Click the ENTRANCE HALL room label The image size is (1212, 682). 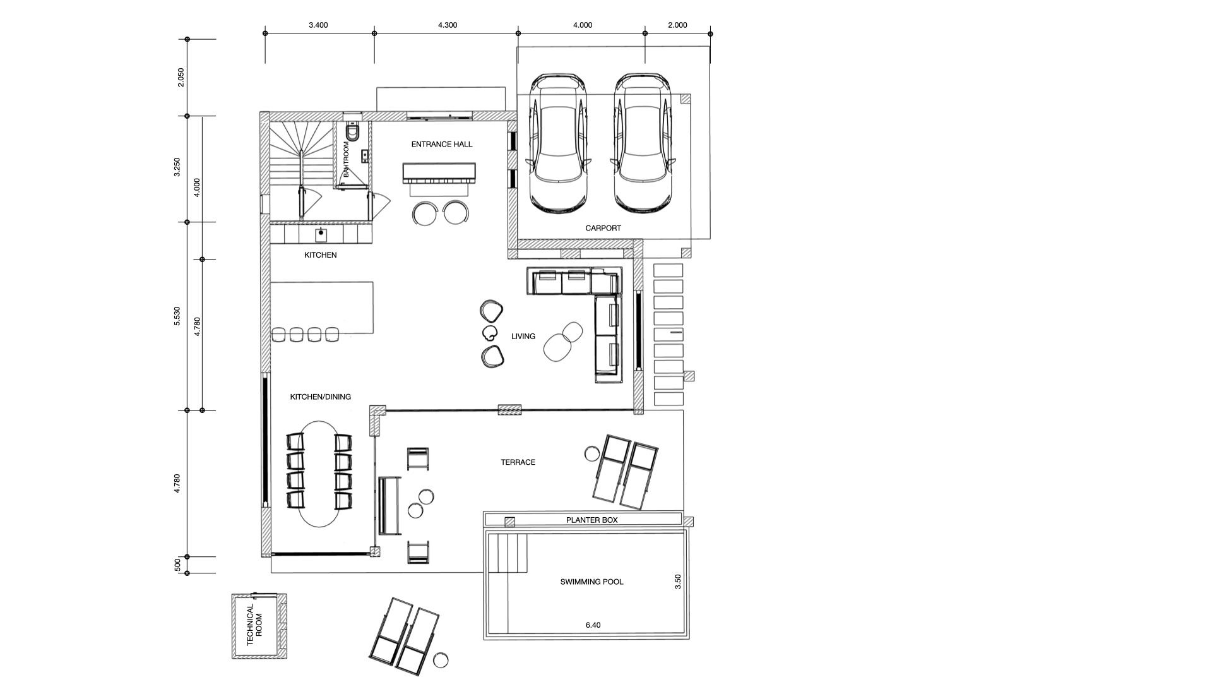441,144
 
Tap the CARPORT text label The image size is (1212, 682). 603,228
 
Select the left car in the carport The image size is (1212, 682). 559,143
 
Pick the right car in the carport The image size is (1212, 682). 643,143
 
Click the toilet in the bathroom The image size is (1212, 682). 353,133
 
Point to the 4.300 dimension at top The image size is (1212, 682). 447,25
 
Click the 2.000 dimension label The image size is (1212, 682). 677,25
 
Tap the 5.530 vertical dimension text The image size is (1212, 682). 177,316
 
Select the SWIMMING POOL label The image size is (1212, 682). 591,582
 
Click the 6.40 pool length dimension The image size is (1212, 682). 593,625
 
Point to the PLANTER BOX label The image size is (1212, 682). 591,520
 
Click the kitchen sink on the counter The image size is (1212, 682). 321,234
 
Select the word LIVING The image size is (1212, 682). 523,336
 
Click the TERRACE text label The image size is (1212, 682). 518,462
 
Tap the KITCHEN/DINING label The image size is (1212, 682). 320,397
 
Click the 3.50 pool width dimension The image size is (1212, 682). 678,582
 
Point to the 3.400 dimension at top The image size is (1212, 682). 318,25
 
